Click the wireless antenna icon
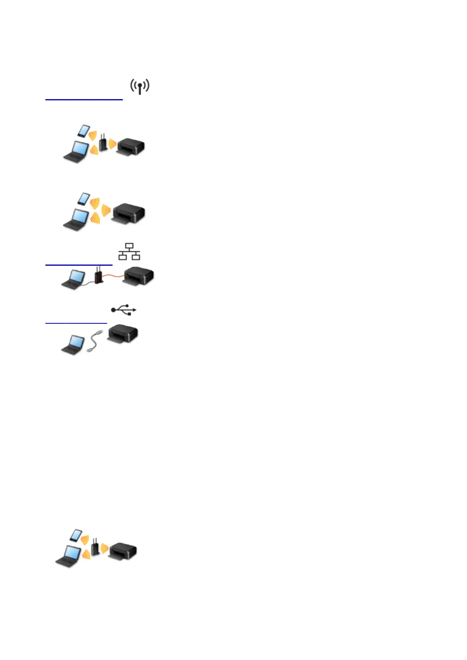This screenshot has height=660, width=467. pyautogui.click(x=140, y=86)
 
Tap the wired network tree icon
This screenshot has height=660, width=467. pyautogui.click(x=129, y=252)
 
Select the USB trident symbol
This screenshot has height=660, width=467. pyautogui.click(x=124, y=310)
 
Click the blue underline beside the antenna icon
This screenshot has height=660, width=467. pyautogui.click(x=84, y=100)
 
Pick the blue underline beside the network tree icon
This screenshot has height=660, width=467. pyautogui.click(x=79, y=265)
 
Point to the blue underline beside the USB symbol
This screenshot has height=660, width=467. pyautogui.click(x=76, y=323)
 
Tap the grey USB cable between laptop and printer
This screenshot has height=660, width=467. pyautogui.click(x=94, y=342)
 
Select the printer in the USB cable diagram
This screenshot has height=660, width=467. pyautogui.click(x=123, y=334)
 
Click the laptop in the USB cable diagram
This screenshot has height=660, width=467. pyautogui.click(x=73, y=345)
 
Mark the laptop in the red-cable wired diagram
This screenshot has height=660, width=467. pyautogui.click(x=73, y=280)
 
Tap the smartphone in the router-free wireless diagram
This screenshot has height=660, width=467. pyautogui.click(x=84, y=198)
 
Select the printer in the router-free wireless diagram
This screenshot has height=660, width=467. pyautogui.click(x=129, y=214)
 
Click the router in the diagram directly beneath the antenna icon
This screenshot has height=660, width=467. pyautogui.click(x=103, y=143)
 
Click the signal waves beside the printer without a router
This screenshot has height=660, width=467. pyautogui.click(x=105, y=210)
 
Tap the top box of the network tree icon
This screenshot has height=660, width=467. pyautogui.click(x=129, y=246)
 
